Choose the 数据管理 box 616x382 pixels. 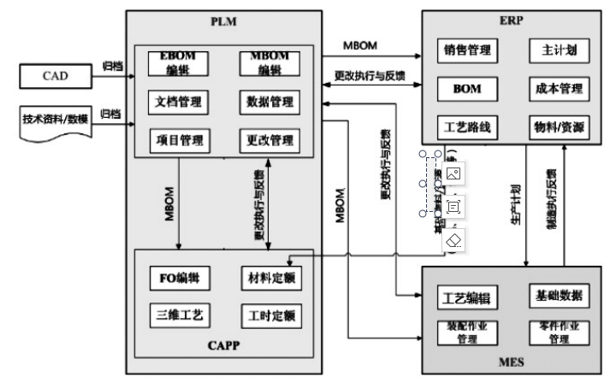coord(269,103)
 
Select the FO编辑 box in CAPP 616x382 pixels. coord(179,278)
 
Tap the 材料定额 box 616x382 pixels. coord(269,278)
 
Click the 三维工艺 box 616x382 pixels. coord(179,315)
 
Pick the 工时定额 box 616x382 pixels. coord(269,315)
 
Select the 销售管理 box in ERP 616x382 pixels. coord(467,50)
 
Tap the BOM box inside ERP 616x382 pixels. coord(467,88)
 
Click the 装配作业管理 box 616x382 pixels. coord(466,332)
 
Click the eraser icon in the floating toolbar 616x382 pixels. coord(453,240)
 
